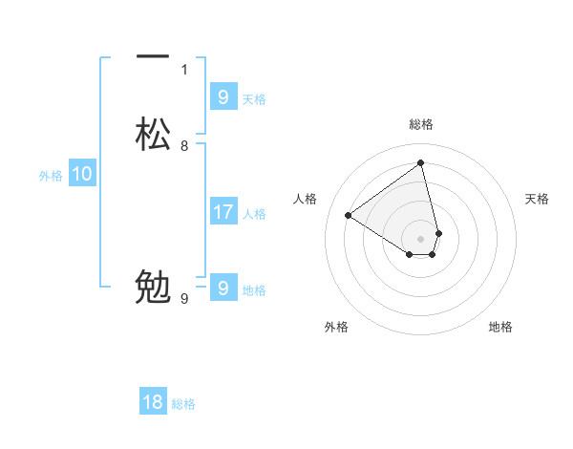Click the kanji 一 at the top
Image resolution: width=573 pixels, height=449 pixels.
point(153,56)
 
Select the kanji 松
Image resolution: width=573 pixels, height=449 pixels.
point(153,134)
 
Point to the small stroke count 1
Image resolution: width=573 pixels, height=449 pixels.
point(184,69)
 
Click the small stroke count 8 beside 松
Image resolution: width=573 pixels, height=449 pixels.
point(184,146)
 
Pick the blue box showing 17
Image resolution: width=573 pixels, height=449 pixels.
point(223,212)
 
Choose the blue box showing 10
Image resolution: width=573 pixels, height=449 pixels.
point(82,174)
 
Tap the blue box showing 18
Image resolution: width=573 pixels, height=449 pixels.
point(153,402)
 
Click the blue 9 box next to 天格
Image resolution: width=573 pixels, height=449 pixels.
point(223,97)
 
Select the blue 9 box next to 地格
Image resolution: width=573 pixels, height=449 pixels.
point(223,289)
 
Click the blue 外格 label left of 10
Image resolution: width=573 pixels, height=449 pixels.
point(51,176)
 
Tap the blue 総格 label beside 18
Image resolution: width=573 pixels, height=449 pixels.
point(183,404)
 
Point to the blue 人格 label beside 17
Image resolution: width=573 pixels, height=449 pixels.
point(255,214)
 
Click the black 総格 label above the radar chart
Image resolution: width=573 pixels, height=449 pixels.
point(421,124)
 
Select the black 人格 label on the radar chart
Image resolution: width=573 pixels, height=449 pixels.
point(306,199)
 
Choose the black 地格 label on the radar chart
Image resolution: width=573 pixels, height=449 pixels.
point(500,327)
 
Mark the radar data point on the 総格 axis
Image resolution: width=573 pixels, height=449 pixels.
point(421,161)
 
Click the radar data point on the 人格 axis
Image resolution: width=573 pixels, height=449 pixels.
point(349,215)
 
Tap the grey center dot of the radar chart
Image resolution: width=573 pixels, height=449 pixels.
point(421,238)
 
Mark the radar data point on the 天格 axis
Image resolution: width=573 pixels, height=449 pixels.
point(438,232)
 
